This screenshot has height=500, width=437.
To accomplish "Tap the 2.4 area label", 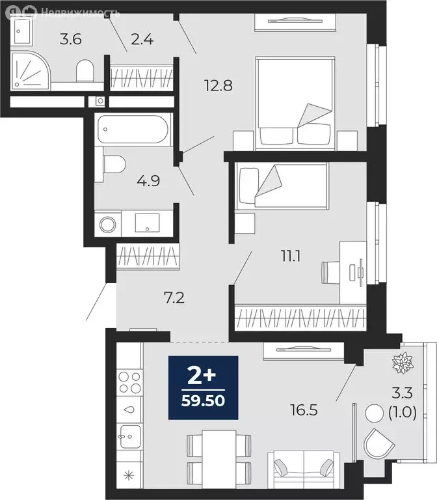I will point(142,40).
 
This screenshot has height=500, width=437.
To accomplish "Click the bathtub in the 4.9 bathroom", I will point(133,129).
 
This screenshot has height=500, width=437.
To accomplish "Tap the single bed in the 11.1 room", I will point(282,186).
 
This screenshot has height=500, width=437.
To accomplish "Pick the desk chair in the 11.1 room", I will point(330,272).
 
